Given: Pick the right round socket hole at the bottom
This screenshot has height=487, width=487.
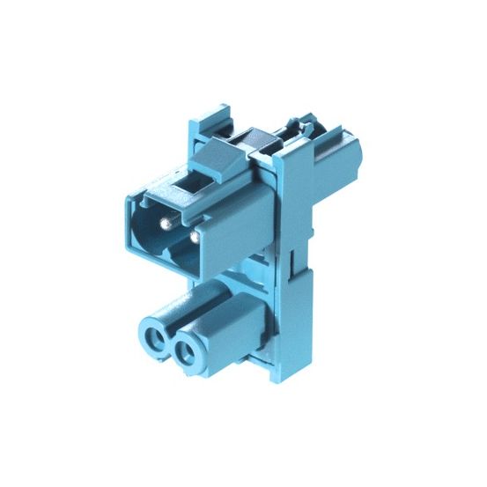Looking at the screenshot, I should (185, 353).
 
